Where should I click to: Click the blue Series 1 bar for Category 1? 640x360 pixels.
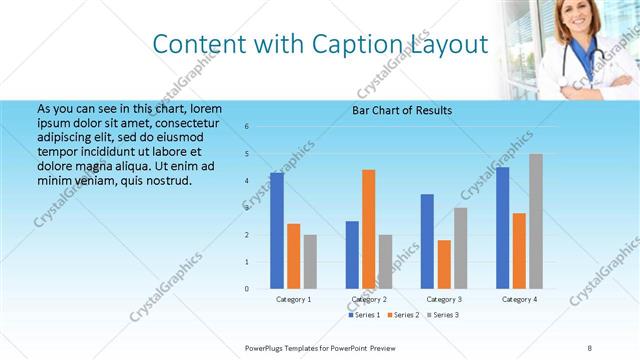pyautogui.click(x=277, y=230)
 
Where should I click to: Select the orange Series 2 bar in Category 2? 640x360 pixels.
pyautogui.click(x=369, y=229)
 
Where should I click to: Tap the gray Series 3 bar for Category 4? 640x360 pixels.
pyautogui.click(x=536, y=221)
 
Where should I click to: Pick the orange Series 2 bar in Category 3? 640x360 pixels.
pyautogui.click(x=444, y=264)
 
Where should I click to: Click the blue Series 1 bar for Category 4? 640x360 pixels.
pyautogui.click(x=503, y=228)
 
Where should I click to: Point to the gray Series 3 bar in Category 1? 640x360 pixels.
pyautogui.click(x=310, y=262)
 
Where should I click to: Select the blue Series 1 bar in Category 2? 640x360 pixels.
pyautogui.click(x=352, y=255)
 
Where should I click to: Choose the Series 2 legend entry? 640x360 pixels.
pyautogui.click(x=402, y=315)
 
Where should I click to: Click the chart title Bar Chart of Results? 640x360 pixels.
pyautogui.click(x=402, y=110)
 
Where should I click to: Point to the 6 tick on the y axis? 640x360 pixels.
pyautogui.click(x=247, y=127)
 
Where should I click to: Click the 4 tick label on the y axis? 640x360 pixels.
pyautogui.click(x=247, y=181)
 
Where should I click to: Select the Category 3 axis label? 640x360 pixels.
pyautogui.click(x=444, y=299)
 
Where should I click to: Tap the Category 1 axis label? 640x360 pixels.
pyautogui.click(x=294, y=299)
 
